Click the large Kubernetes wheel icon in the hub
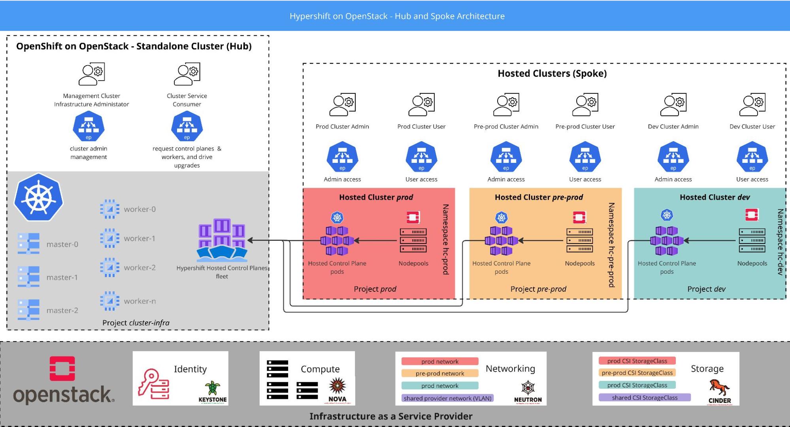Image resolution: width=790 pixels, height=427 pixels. [39, 197]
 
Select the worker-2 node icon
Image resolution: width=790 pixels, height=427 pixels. [109, 267]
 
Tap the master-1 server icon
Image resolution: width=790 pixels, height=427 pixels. [28, 276]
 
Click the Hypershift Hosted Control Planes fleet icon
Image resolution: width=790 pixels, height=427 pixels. [222, 240]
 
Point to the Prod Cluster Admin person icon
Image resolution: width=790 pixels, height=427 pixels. [342, 104]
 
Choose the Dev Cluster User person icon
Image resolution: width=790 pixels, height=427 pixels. [752, 104]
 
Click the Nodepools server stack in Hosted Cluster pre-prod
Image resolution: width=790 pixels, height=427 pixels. [579, 240]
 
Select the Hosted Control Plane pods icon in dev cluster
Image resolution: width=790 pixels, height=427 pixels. [667, 240]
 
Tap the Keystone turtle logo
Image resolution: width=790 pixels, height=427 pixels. [213, 388]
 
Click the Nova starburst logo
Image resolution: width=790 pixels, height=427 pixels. [337, 385]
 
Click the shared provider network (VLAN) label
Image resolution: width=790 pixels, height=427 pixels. [447, 398]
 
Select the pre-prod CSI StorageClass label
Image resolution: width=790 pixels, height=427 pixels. [637, 372]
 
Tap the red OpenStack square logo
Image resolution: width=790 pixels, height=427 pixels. [62, 368]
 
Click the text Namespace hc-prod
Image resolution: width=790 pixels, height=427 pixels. [445, 239]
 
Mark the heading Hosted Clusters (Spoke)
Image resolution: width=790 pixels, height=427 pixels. [552, 74]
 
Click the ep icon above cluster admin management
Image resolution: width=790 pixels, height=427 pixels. [89, 126]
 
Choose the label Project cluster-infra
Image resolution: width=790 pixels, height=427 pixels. [136, 323]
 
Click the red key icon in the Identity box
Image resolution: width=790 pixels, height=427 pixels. [153, 384]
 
